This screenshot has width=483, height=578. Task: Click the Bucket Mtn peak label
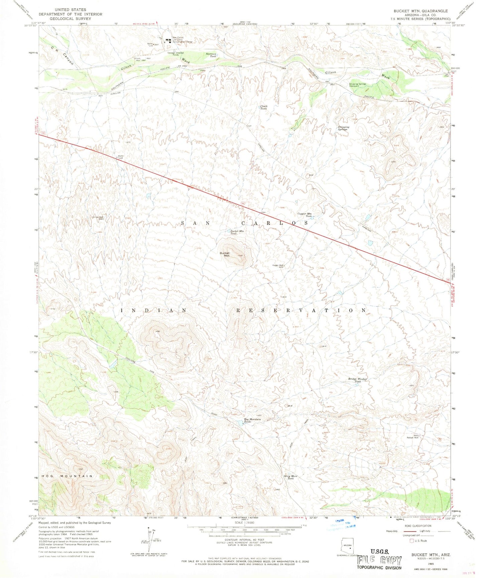click(225, 254)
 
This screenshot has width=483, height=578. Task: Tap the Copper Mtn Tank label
click(305, 215)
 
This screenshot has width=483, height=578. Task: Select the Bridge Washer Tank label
click(358, 380)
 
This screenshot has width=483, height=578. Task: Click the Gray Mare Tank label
click(290, 477)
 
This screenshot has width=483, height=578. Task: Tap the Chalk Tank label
click(264, 108)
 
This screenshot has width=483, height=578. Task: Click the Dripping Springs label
click(343, 128)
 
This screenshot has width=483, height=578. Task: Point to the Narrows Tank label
click(211, 55)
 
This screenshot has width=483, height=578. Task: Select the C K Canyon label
click(62, 55)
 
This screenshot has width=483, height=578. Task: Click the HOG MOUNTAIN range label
click(67, 476)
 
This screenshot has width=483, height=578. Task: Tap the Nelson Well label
click(412, 437)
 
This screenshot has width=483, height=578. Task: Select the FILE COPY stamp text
click(379, 561)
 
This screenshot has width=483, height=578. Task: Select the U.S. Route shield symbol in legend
click(412, 541)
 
